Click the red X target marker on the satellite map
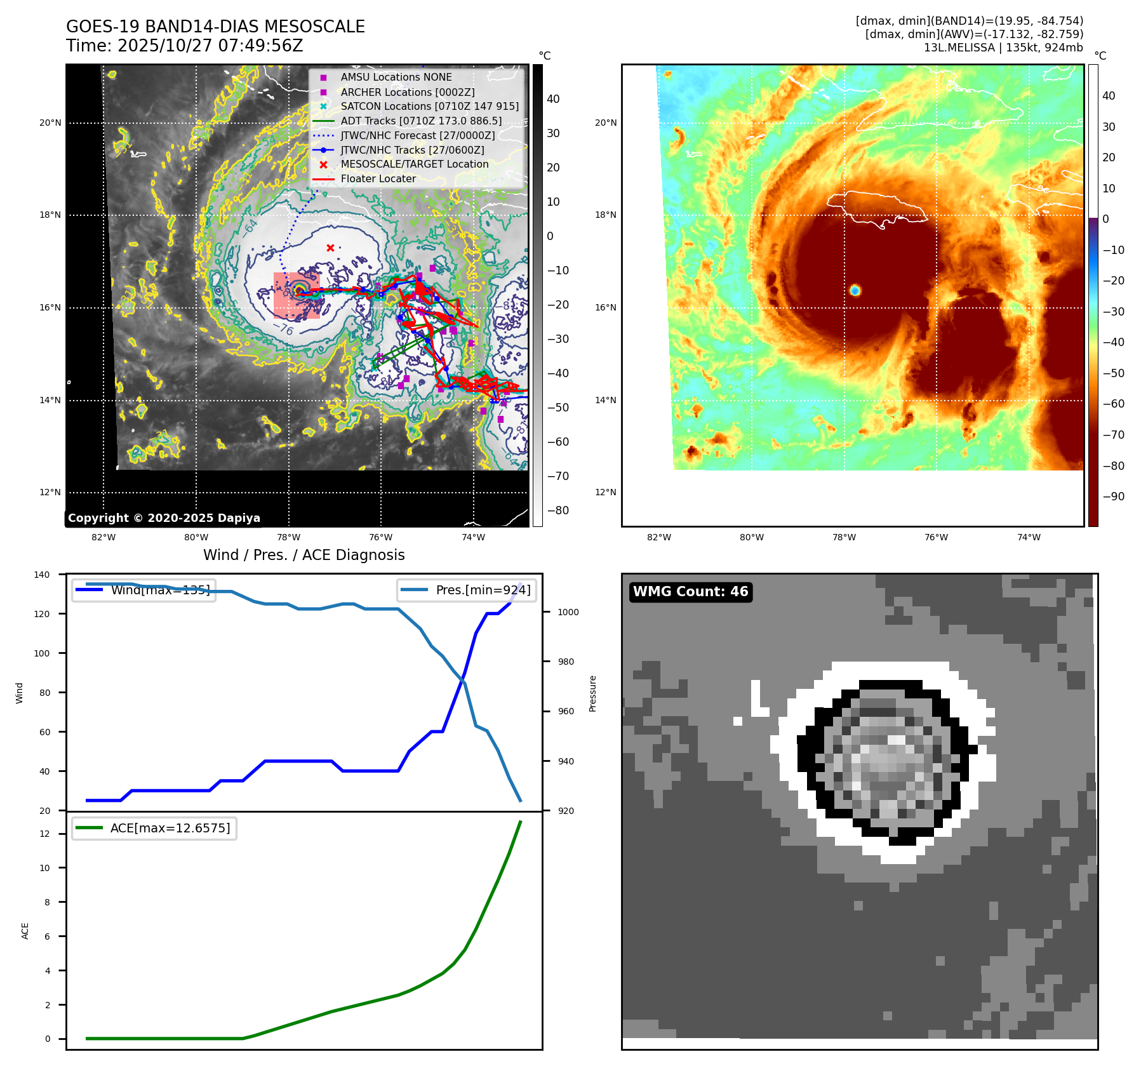pos(330,248)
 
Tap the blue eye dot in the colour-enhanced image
pos(855,290)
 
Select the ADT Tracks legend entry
pos(420,121)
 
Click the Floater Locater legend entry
pos(378,179)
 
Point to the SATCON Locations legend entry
pos(429,106)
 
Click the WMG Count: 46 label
pos(690,592)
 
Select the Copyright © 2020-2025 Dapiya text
pos(164,518)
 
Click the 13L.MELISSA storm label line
pos(1003,48)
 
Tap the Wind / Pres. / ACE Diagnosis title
pos(304,555)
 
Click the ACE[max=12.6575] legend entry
pos(170,828)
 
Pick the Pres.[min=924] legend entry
pos(483,590)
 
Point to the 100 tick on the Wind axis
pos(42,653)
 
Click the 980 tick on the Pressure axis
pos(566,662)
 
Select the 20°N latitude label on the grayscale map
pos(50,123)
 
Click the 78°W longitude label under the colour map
pos(844,537)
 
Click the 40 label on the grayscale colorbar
pos(553,99)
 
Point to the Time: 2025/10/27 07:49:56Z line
pos(184,46)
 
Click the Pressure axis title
pos(592,693)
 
